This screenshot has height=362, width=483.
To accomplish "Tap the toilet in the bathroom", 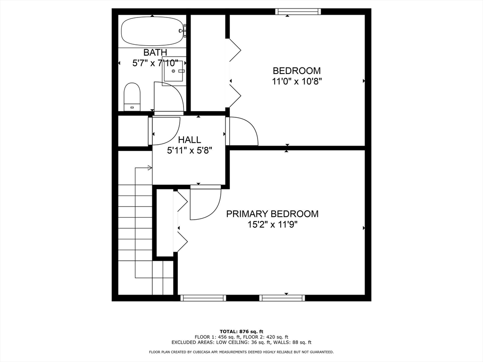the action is tap(132, 97).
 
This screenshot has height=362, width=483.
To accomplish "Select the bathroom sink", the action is tap(174, 71).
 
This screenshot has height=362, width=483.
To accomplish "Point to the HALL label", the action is tap(190, 140).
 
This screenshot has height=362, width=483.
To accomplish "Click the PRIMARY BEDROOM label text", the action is tap(272, 214).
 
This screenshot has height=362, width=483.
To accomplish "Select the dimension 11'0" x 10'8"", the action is tap(297, 82).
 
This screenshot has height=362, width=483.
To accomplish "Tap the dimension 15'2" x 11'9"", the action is tap(273, 225).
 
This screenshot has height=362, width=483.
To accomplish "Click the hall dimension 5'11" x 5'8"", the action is tap(190, 150).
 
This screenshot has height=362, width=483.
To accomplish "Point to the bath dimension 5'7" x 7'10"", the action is tap(155, 63).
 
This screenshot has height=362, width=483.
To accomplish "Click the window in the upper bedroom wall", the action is tap(298, 12).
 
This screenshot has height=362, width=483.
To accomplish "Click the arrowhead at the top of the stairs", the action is tap(150, 168).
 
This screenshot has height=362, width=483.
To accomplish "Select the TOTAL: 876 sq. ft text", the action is tap(241, 331).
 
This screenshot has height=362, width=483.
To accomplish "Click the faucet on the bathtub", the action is tap(183, 31).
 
